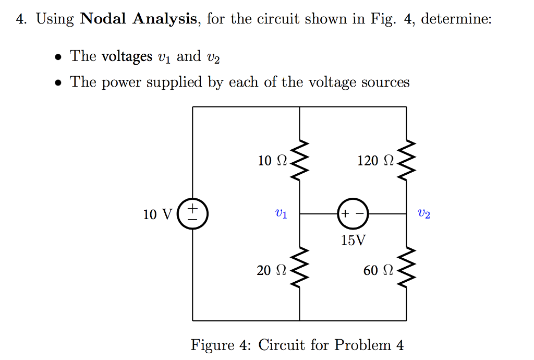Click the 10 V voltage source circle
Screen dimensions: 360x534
pyautogui.click(x=193, y=214)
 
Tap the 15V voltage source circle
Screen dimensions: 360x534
pyautogui.click(x=353, y=214)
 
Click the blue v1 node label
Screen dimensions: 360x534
pyautogui.click(x=280, y=214)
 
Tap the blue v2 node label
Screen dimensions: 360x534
pyautogui.click(x=424, y=214)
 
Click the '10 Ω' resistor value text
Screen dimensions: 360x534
pyautogui.click(x=273, y=161)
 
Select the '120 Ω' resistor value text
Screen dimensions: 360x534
pyautogui.click(x=375, y=161)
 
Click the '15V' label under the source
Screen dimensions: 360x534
pyautogui.click(x=353, y=241)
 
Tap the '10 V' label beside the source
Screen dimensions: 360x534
pyautogui.click(x=157, y=214)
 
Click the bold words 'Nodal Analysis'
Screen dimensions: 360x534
pyautogui.click(x=139, y=19)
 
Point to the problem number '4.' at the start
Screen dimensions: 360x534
pyautogui.click(x=21, y=19)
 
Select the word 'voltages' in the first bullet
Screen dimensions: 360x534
pyautogui.click(x=126, y=56)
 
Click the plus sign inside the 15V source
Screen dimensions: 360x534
pyautogui.click(x=345, y=214)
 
